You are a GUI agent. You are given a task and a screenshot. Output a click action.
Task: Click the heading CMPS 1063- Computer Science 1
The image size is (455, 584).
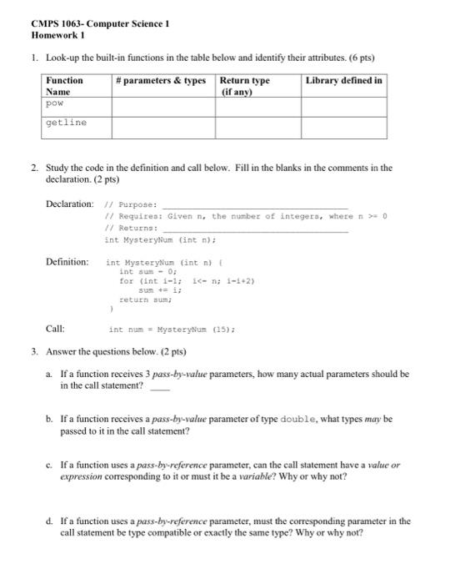click(x=99, y=24)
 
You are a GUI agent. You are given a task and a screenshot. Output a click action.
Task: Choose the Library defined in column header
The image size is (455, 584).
click(x=343, y=80)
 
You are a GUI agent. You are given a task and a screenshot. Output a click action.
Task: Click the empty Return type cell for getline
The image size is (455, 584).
click(x=258, y=127)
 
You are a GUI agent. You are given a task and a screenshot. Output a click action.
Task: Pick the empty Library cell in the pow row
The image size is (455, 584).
click(x=343, y=107)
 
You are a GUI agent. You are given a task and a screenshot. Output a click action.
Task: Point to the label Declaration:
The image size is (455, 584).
click(x=70, y=204)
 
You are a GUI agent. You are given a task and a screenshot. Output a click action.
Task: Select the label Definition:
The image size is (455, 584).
click(x=67, y=262)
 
